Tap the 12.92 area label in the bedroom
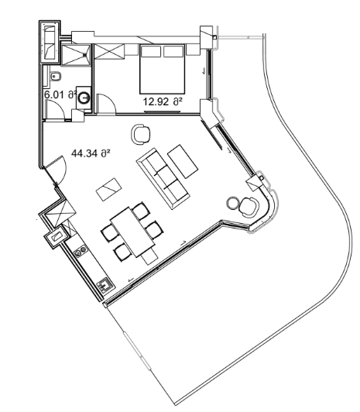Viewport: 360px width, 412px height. point(162,100)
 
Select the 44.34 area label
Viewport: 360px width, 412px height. point(91,153)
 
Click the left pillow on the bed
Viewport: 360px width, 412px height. point(151,53)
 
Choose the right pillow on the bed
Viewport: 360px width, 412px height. point(171,53)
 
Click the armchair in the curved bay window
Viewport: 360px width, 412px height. point(249,208)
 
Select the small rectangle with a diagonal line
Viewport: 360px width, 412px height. point(107,187)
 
